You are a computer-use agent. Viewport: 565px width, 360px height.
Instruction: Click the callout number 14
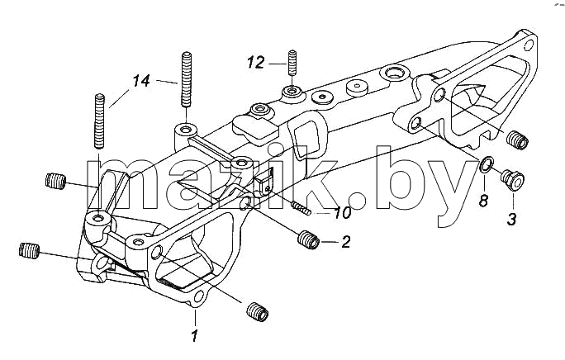click(x=141, y=81)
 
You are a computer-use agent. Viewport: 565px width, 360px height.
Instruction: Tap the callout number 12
click(x=256, y=63)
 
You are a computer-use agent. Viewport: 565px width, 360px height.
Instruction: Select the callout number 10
click(x=342, y=212)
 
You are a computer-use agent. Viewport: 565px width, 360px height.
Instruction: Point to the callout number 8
click(x=483, y=200)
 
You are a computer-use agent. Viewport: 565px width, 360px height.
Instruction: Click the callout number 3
click(x=511, y=219)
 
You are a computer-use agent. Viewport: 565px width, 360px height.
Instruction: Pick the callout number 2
click(x=345, y=242)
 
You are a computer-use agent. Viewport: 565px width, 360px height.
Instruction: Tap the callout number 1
click(x=194, y=336)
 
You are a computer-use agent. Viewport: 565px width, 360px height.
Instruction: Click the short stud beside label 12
click(x=292, y=63)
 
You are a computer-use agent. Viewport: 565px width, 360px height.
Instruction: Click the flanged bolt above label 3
click(x=512, y=178)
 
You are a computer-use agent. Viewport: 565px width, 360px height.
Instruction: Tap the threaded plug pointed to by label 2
click(x=308, y=239)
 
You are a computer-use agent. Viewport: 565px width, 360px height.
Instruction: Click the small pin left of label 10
click(x=301, y=208)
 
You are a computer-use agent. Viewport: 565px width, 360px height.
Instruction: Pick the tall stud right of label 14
click(x=186, y=79)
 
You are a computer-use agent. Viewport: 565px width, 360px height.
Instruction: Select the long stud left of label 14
click(x=99, y=121)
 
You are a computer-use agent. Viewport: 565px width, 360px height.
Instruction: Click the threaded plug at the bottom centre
click(x=258, y=312)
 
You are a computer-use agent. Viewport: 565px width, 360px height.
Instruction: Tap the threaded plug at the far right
click(x=517, y=140)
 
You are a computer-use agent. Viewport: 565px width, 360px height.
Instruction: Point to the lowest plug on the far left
click(x=29, y=250)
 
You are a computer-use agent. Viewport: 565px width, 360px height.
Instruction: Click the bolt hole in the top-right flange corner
click(x=529, y=45)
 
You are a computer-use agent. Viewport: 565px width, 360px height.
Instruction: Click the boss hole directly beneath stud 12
click(x=292, y=89)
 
